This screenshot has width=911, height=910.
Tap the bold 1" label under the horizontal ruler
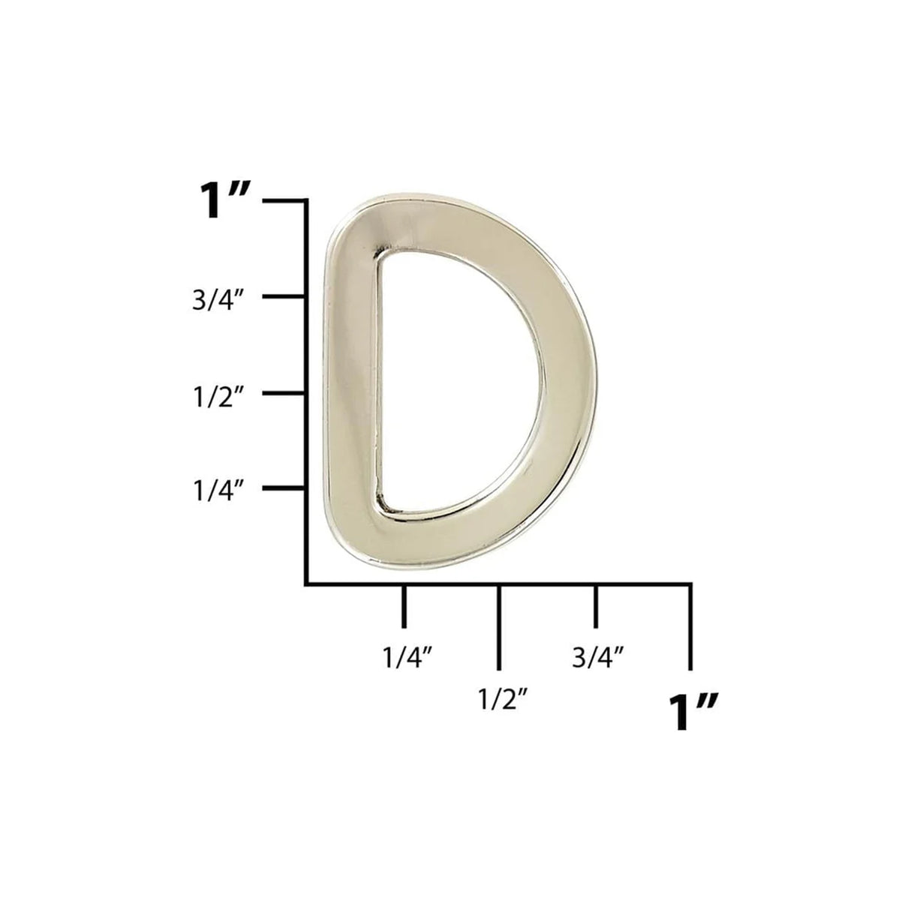click(x=693, y=711)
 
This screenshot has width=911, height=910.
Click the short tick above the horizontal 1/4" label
click(x=404, y=606)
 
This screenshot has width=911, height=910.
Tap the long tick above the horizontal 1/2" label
click(x=499, y=626)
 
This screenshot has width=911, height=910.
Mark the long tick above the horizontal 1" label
click(x=690, y=626)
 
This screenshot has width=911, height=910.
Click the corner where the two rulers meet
click(x=306, y=583)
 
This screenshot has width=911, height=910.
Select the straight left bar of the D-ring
click(x=353, y=383)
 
